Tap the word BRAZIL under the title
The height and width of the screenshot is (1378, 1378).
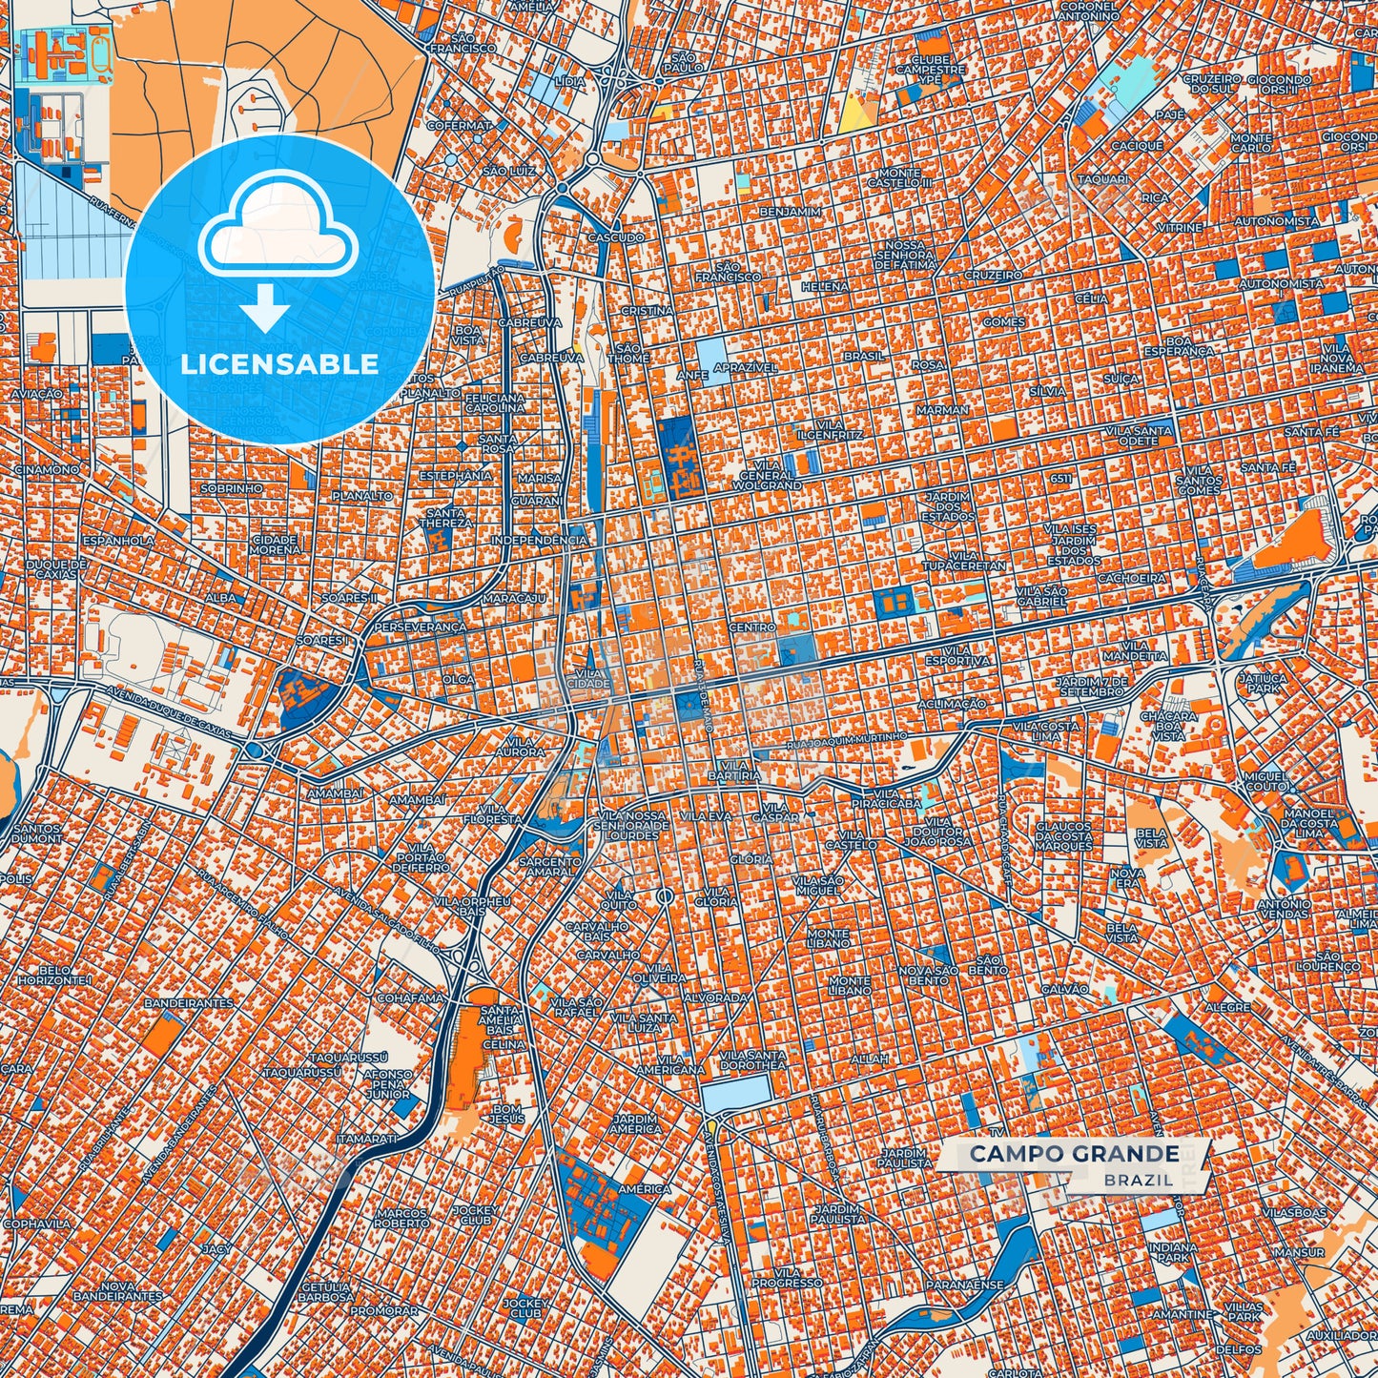point(1139,1180)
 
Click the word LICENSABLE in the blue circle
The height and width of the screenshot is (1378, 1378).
point(279,363)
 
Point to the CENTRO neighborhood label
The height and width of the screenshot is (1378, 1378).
point(752,627)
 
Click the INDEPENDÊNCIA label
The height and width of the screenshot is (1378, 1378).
point(540,540)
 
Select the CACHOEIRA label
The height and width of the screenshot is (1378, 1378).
point(1132,578)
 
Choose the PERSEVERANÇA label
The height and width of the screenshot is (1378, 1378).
point(421,627)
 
